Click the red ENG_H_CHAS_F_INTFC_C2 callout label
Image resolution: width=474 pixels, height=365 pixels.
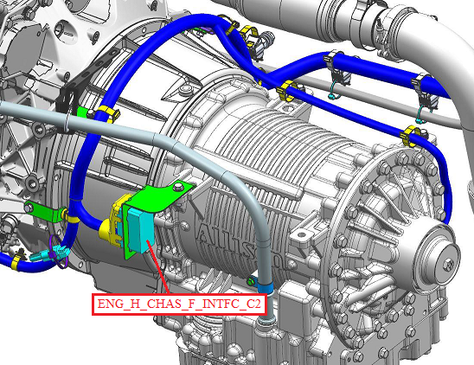(x=179, y=304)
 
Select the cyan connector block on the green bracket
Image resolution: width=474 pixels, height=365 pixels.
(x=141, y=231)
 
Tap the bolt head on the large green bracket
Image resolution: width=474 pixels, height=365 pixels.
(x=178, y=187)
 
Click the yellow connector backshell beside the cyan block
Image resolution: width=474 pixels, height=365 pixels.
(x=112, y=221)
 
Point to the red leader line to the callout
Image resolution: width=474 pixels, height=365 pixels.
(x=157, y=266)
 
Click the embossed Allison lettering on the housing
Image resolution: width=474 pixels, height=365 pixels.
(x=242, y=246)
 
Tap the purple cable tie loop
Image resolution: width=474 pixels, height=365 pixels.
(x=57, y=252)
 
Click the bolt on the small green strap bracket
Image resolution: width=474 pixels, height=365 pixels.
(x=29, y=208)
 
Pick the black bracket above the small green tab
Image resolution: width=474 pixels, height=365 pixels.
(x=67, y=96)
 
